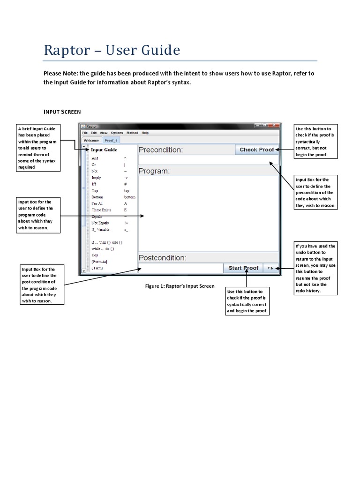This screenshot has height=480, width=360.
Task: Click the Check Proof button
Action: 256,150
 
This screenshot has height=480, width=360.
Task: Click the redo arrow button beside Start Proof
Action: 270,268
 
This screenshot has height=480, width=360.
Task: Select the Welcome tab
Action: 91,140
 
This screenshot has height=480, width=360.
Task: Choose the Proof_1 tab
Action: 111,140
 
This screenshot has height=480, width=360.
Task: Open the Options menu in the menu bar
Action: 117,133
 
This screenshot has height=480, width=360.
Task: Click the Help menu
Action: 145,133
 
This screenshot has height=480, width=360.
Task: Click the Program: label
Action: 154,171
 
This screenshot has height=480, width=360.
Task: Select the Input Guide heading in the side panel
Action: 104,150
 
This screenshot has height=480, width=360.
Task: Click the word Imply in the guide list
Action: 96,178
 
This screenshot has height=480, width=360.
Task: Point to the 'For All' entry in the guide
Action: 97,203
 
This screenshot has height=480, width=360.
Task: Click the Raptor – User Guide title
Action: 112,50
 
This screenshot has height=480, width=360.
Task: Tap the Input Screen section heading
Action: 62,112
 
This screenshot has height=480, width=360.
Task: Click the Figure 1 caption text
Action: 180,286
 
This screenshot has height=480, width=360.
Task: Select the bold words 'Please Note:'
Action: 61,74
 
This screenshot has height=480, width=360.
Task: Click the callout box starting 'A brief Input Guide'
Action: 37,148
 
